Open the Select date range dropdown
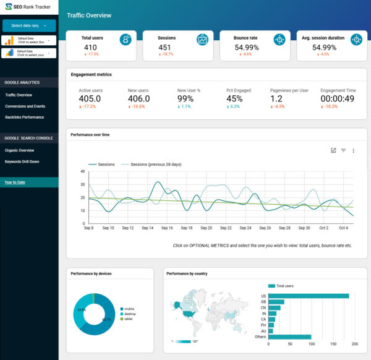click(x=29, y=25)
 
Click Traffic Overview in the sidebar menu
click(x=19, y=95)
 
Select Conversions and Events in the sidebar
click(x=25, y=106)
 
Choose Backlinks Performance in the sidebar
click(x=25, y=116)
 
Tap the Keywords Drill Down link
click(x=22, y=161)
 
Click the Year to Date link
click(x=15, y=182)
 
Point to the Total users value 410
click(x=90, y=48)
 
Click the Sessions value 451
click(x=164, y=48)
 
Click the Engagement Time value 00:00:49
click(x=337, y=99)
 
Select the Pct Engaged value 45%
click(x=234, y=99)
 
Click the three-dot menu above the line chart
click(x=354, y=150)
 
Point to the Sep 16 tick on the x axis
click(x=167, y=228)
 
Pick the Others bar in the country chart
click(x=290, y=337)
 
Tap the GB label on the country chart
click(x=263, y=302)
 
